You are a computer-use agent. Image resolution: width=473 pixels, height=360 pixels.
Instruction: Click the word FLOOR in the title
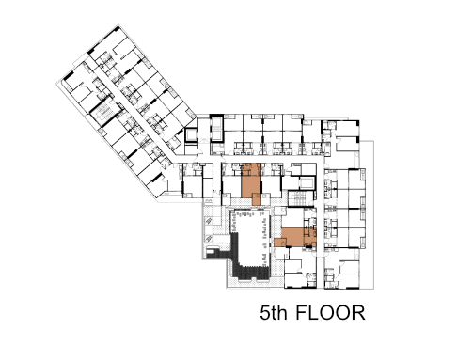(x=330, y=312)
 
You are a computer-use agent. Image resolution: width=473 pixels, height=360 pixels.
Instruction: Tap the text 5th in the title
(x=274, y=312)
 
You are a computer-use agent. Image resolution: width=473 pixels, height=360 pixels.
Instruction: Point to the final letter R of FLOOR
(x=358, y=312)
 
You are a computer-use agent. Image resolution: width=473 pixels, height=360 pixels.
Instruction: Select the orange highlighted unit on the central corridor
(x=251, y=180)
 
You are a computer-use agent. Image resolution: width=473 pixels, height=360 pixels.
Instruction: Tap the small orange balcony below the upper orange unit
(x=257, y=199)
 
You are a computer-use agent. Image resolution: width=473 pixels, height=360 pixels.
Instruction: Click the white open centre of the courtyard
(x=249, y=238)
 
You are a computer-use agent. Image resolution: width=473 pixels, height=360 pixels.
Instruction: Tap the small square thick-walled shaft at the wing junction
(x=191, y=135)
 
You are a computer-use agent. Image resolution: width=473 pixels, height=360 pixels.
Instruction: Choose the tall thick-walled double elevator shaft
(x=216, y=129)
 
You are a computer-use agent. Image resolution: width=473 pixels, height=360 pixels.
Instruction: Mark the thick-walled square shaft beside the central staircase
(x=307, y=183)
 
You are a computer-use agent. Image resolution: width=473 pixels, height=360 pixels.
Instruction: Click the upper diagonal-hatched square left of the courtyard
(x=209, y=221)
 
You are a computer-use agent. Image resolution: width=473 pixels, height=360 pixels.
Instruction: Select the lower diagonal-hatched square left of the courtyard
(x=209, y=239)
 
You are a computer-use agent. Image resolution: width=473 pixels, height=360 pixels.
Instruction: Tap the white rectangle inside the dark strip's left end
(x=211, y=251)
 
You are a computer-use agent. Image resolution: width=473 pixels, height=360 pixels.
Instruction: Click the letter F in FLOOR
(x=301, y=312)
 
